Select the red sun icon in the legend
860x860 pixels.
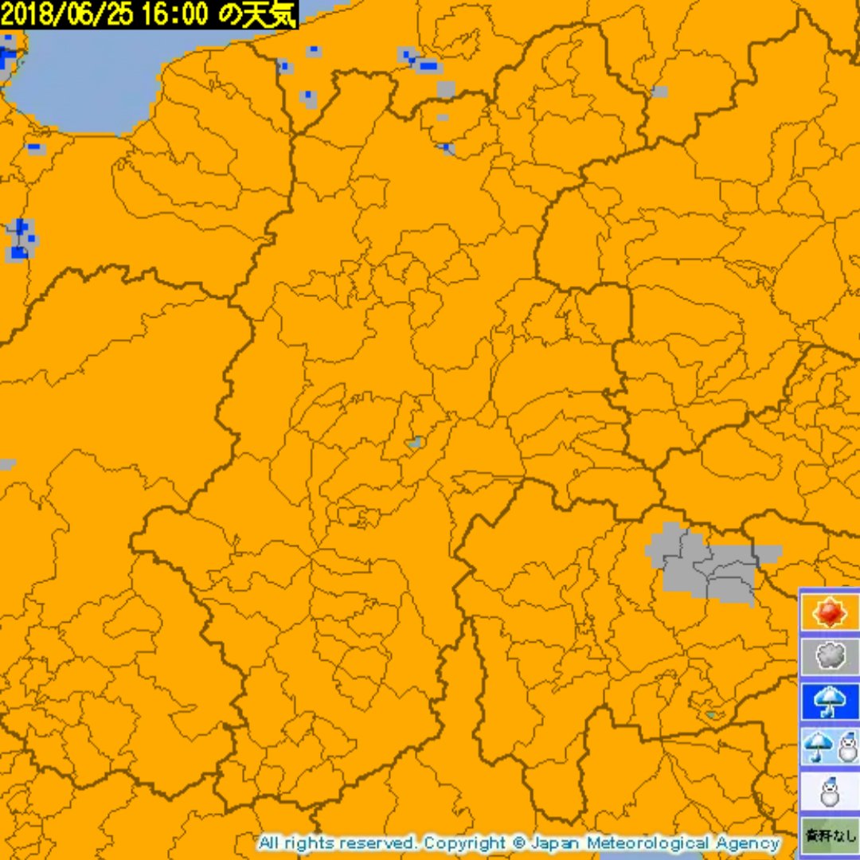(829, 612)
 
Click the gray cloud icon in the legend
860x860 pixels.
(829, 657)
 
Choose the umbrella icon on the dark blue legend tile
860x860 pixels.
(829, 702)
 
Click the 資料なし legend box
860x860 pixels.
(829, 835)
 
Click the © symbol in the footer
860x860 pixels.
(518, 842)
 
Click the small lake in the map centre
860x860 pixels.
(413, 442)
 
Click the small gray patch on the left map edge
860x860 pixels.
(6, 464)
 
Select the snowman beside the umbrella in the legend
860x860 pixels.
(847, 747)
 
